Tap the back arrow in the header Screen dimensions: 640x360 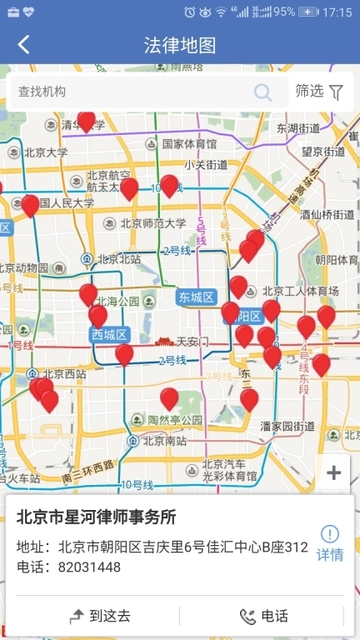click(x=23, y=45)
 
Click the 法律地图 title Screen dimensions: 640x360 click(x=180, y=45)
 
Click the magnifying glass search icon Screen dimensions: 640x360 click(x=263, y=92)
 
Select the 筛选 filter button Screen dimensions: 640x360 click(x=320, y=92)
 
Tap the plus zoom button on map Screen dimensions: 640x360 click(x=333, y=473)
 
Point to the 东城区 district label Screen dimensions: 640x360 click(x=196, y=297)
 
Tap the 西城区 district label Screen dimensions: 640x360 click(x=109, y=334)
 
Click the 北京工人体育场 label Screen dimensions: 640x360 click(x=300, y=292)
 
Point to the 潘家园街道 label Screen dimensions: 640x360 click(x=287, y=426)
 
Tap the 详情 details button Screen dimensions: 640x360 click(x=330, y=543)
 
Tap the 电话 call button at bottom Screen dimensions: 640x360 click(x=264, y=617)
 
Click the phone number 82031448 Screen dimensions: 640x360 click(x=89, y=567)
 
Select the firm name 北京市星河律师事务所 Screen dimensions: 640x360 click(x=97, y=517)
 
